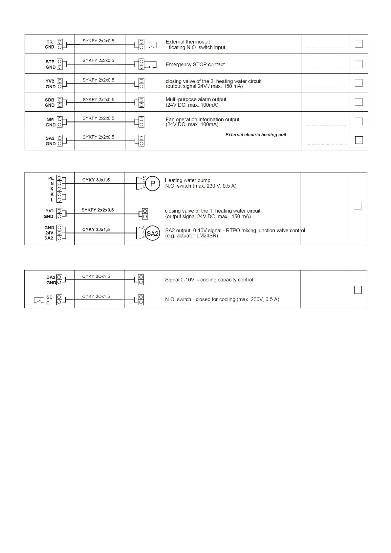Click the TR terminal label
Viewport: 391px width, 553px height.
point(50,42)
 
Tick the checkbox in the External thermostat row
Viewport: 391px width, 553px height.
point(359,44)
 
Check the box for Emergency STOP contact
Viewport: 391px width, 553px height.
point(359,64)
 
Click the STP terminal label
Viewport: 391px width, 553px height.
point(50,62)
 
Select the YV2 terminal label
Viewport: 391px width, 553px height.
point(50,81)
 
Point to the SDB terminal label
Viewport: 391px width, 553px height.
point(50,100)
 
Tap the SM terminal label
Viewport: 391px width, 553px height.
point(50,119)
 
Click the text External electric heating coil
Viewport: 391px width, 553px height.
point(256,135)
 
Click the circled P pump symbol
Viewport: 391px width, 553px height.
point(153,184)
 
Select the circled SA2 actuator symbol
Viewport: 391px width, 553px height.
point(153,233)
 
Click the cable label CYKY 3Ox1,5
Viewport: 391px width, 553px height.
point(96,276)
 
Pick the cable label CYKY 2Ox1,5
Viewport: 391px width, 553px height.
point(96,296)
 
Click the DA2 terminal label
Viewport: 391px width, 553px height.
point(51,277)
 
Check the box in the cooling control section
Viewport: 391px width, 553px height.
point(358,290)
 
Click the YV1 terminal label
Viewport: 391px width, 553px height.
point(50,210)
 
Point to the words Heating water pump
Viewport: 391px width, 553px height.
point(187,180)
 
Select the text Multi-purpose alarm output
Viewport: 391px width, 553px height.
point(196,100)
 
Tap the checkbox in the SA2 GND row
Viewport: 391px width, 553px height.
point(359,140)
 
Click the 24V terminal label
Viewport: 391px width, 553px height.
point(49,233)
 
